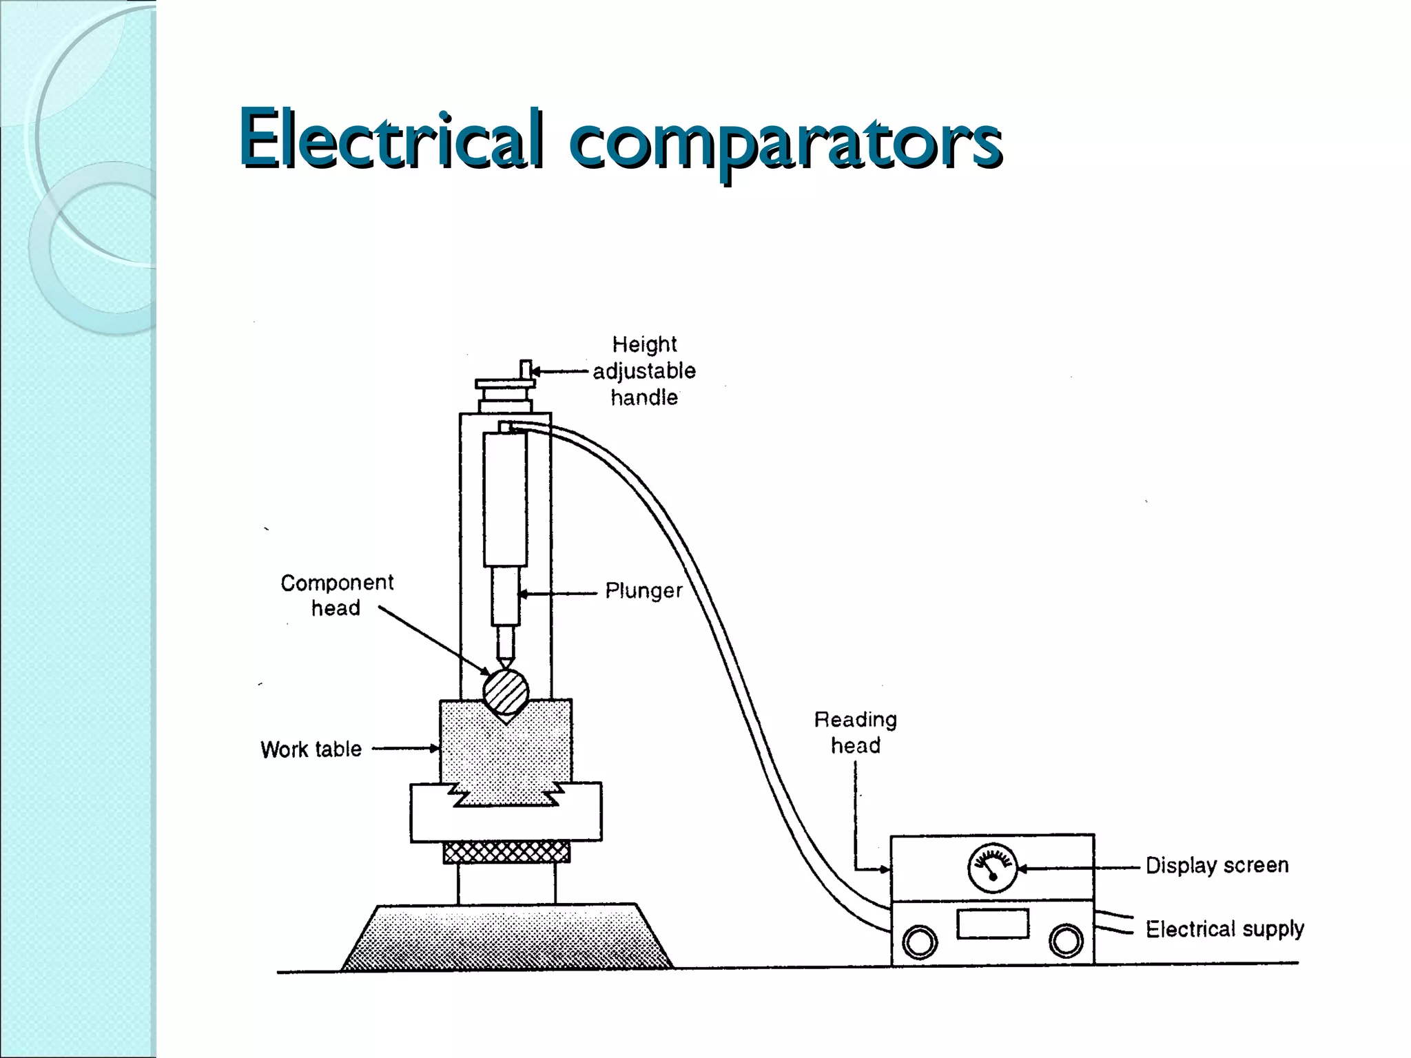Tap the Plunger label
click(x=643, y=591)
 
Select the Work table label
click(x=311, y=749)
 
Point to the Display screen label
click(x=1217, y=866)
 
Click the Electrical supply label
click(x=1224, y=929)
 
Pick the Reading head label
click(x=856, y=732)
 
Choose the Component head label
click(x=336, y=595)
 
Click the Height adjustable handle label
click(x=644, y=371)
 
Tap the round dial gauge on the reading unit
click(x=992, y=868)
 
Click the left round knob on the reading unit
click(x=920, y=942)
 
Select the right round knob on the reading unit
click(x=1065, y=941)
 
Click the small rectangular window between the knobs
click(x=992, y=924)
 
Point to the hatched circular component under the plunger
click(x=506, y=692)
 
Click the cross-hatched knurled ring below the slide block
click(x=506, y=852)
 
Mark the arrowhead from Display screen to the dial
click(x=1022, y=869)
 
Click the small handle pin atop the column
click(x=525, y=369)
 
